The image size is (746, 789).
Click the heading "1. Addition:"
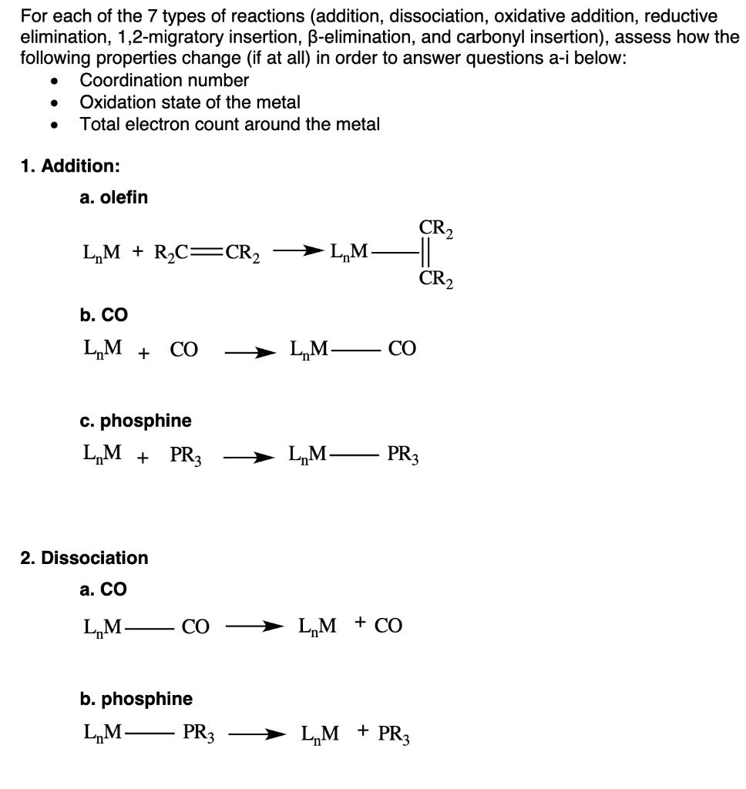70,166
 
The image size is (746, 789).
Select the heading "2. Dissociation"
84,557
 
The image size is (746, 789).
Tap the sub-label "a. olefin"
113,198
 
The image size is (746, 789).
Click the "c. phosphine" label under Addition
136,421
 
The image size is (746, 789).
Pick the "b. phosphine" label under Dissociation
136,699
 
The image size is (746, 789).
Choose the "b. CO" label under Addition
103,314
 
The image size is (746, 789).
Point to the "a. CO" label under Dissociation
103,589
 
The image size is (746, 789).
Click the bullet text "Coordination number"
164,80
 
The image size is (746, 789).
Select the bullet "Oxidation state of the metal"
190,102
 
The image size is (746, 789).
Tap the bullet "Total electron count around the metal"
230,124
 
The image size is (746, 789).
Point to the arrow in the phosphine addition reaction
249,458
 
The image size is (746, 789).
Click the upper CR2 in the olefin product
435,227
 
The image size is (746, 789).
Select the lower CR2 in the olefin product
435,277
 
